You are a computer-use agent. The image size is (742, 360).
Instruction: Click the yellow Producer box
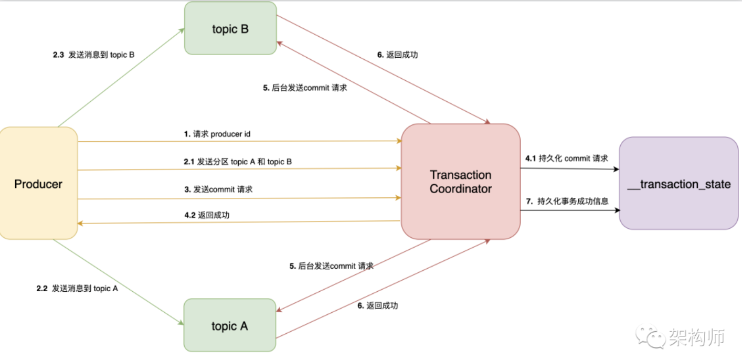click(x=38, y=184)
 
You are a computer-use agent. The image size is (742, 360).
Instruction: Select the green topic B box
click(x=230, y=28)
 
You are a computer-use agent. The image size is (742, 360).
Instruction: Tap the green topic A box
click(x=230, y=325)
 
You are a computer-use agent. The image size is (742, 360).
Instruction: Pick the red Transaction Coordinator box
click(x=460, y=182)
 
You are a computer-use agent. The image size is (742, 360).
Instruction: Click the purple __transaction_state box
click(x=679, y=184)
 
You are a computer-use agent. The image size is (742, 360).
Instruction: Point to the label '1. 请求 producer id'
click(x=217, y=134)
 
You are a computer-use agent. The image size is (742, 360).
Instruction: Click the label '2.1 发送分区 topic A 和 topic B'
click(x=238, y=162)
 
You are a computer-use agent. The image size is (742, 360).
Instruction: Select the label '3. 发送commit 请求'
click(x=218, y=189)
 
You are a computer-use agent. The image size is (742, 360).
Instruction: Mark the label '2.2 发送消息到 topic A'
click(x=77, y=289)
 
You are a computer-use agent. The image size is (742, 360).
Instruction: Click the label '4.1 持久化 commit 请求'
click(x=567, y=158)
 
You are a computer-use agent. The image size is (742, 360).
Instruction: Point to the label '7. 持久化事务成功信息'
click(x=567, y=200)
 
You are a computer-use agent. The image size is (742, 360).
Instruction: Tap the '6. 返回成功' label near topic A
click(x=378, y=305)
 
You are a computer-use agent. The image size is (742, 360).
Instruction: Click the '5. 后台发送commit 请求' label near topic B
click(x=305, y=88)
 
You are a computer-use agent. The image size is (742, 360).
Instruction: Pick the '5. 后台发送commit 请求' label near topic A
click(x=331, y=266)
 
